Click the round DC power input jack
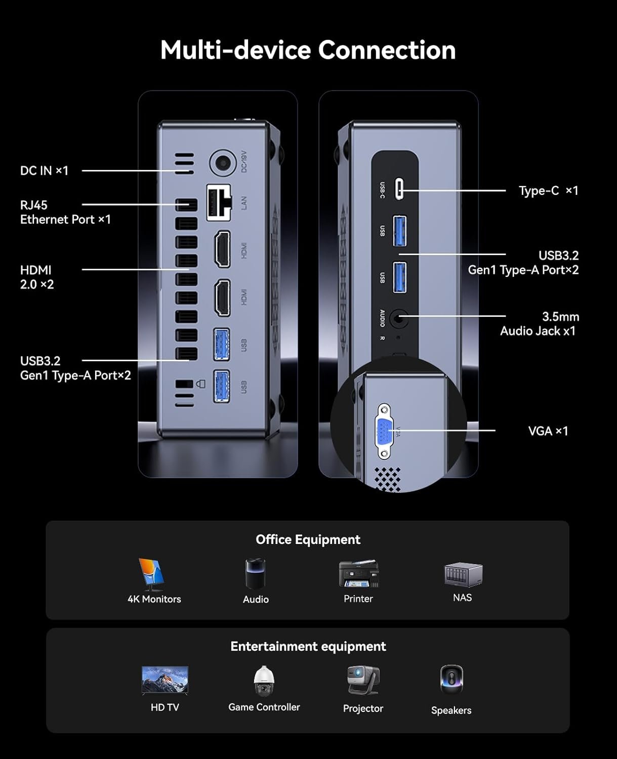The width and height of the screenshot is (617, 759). (x=223, y=163)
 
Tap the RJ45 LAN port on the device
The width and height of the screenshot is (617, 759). (x=219, y=202)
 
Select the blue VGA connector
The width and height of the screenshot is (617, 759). (x=384, y=432)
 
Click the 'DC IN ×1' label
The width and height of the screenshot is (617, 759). (x=44, y=171)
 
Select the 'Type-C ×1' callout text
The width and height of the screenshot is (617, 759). (x=548, y=191)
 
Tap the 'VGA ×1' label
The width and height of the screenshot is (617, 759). (x=548, y=431)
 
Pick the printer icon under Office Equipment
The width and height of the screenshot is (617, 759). (x=358, y=574)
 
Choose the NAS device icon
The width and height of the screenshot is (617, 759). (x=463, y=574)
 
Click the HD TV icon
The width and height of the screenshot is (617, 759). (x=165, y=680)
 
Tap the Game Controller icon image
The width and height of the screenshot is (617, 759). (x=264, y=681)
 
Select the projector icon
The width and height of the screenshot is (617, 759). (x=363, y=680)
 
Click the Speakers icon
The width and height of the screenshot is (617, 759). (x=451, y=680)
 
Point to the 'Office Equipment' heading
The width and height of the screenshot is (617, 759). (x=308, y=539)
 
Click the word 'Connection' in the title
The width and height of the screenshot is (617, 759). (x=387, y=50)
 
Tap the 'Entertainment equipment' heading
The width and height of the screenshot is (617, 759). (x=308, y=646)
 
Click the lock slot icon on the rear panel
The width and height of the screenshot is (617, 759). (x=200, y=384)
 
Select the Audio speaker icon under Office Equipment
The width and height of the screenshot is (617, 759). (x=255, y=574)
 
